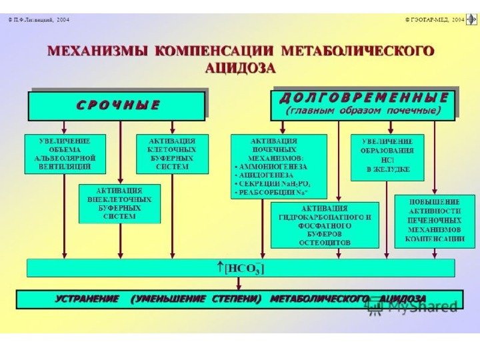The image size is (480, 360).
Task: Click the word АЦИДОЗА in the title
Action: pos(240,68)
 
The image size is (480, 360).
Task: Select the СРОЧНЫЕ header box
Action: pos(116,105)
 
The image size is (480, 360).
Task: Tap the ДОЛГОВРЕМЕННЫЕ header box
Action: pos(363,104)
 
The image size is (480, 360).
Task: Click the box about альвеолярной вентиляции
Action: pos(65,154)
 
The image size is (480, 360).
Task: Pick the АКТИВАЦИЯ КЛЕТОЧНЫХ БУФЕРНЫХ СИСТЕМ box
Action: pos(172,154)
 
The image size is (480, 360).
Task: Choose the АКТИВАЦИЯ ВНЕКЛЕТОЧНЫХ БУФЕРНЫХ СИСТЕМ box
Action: pos(120,203)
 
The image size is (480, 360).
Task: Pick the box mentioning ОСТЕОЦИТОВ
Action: pos(325,225)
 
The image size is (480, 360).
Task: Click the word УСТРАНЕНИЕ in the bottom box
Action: pos(87,299)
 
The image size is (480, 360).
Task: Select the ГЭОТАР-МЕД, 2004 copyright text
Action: pos(433,20)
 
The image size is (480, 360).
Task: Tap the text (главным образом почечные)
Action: pos(363,111)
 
